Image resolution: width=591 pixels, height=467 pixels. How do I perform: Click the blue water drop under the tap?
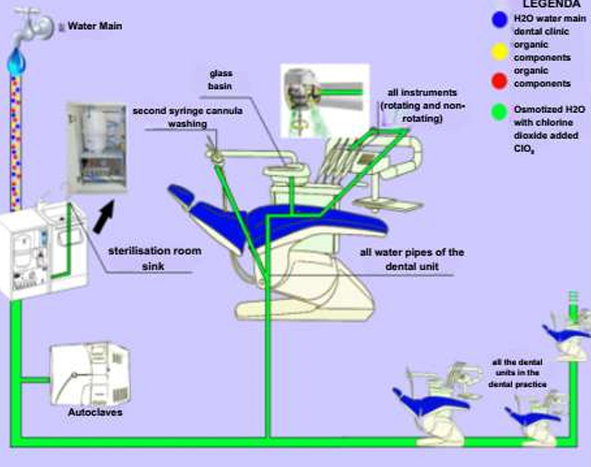click(x=16, y=62)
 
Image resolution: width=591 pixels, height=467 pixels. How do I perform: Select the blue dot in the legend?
click(x=500, y=19)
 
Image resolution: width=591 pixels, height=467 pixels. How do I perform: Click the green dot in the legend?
click(x=500, y=111)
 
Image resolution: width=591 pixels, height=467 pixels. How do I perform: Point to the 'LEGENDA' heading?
click(x=551, y=4)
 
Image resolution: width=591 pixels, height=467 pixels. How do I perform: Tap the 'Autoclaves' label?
click(x=95, y=412)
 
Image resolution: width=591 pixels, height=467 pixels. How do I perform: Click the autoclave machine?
click(x=91, y=375)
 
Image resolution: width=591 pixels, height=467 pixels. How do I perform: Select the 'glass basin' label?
click(x=220, y=79)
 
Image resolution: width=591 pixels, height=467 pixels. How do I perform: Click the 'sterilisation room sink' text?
click(x=154, y=258)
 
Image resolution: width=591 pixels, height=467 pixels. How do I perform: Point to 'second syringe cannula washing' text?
click(x=187, y=117)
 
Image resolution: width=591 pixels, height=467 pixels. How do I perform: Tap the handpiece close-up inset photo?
click(x=324, y=100)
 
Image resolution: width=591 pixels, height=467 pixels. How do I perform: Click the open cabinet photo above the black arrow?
click(x=97, y=147)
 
